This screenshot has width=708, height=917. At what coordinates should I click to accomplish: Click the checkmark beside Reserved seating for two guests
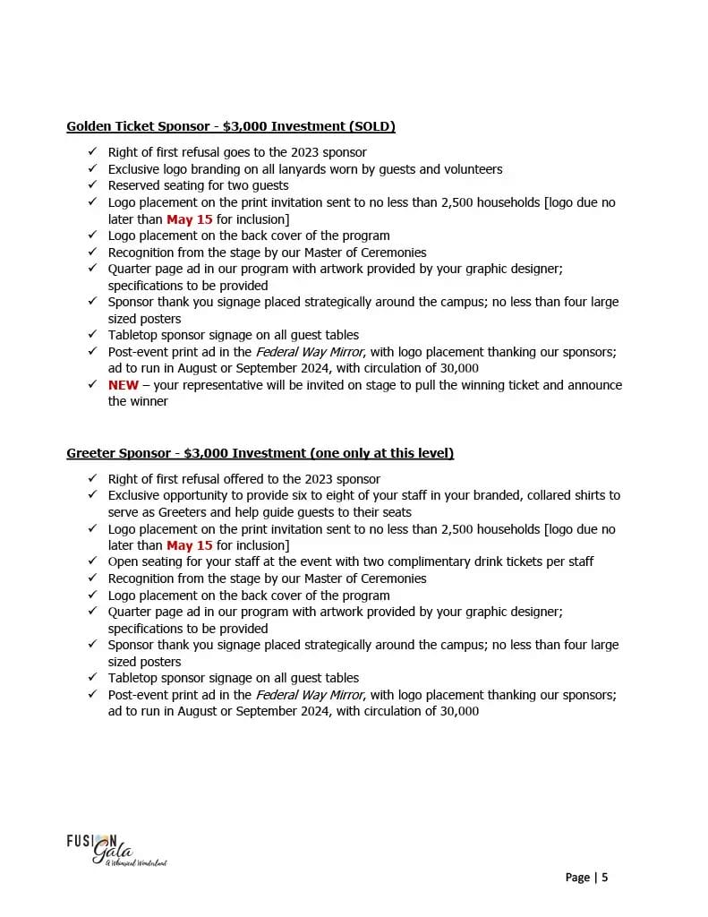(x=92, y=185)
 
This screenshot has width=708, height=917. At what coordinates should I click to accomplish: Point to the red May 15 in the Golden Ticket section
(x=190, y=219)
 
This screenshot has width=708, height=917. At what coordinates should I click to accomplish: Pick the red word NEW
(x=124, y=385)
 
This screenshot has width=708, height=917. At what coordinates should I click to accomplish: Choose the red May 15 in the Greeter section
(x=190, y=545)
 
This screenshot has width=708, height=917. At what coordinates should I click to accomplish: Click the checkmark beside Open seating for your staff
(x=92, y=561)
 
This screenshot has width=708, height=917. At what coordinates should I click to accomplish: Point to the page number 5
(x=605, y=878)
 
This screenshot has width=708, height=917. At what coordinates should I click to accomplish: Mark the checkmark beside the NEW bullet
(x=92, y=385)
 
